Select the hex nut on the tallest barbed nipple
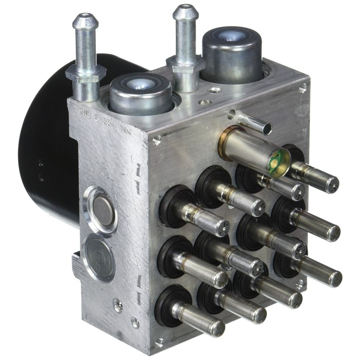coord(83,76)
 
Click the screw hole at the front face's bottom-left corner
coord(159,341)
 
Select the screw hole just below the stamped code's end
coord(157,139)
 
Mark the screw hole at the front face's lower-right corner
coord(299,284)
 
